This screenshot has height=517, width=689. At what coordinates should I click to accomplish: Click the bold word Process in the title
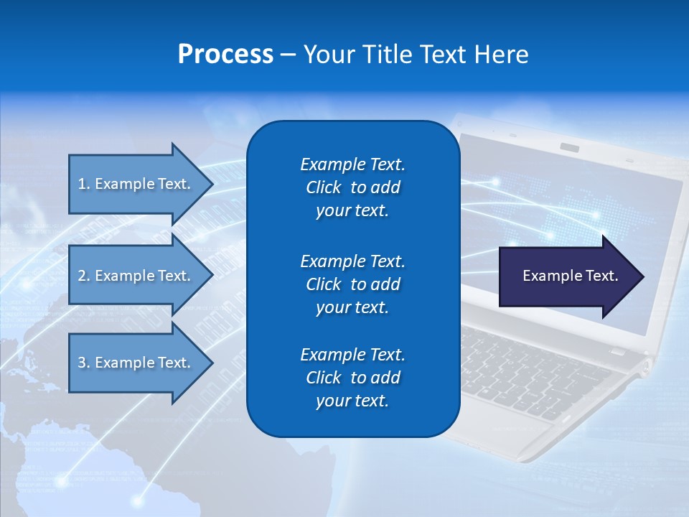[225, 55]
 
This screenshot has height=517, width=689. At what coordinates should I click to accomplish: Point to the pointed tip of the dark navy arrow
[640, 276]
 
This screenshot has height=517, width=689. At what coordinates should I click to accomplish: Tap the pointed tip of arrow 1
[210, 184]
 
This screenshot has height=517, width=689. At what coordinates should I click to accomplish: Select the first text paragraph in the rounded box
[352, 187]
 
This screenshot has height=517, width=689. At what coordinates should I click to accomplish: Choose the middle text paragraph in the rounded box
[352, 284]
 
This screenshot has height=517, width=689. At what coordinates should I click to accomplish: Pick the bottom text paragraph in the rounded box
[352, 378]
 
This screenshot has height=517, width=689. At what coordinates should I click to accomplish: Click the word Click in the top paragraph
[323, 187]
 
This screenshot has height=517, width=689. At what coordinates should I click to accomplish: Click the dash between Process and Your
[288, 55]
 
